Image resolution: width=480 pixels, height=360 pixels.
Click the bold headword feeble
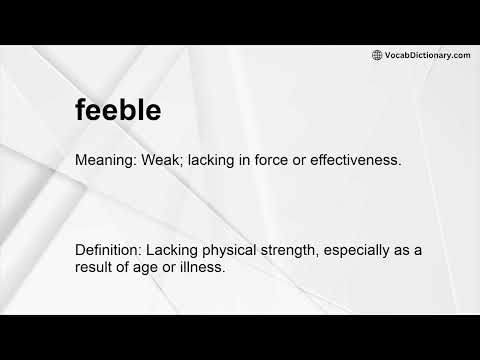tap(118, 110)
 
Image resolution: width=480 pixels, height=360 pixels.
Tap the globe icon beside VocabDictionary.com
tap(377, 55)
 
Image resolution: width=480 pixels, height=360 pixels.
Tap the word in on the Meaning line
tap(237, 160)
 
